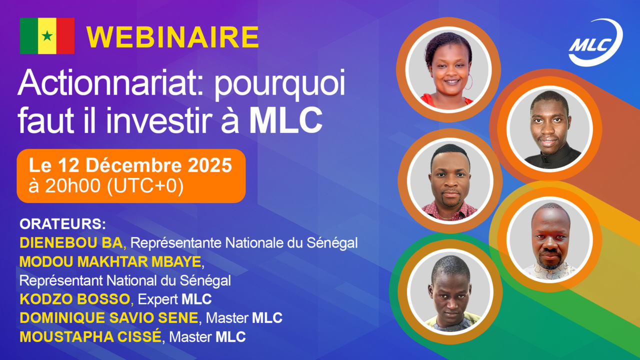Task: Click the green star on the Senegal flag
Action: pyautogui.click(x=47, y=35)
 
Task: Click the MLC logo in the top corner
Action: pyautogui.click(x=595, y=43)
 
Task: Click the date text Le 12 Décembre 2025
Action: pyautogui.click(x=130, y=165)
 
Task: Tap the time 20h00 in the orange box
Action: pyautogui.click(x=73, y=186)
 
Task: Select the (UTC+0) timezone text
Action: pyautogui.click(x=145, y=186)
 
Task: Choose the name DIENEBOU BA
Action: pyautogui.click(x=71, y=243)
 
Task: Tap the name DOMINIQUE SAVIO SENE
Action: pyautogui.click(x=108, y=318)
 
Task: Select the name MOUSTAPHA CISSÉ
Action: pyautogui.click(x=90, y=337)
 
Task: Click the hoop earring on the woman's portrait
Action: pyautogui.click(x=468, y=83)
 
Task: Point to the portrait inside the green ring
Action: pyautogui.click(x=449, y=292)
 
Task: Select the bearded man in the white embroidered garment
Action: pyautogui.click(x=549, y=240)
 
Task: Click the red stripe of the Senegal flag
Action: pyautogui.click(x=65, y=35)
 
